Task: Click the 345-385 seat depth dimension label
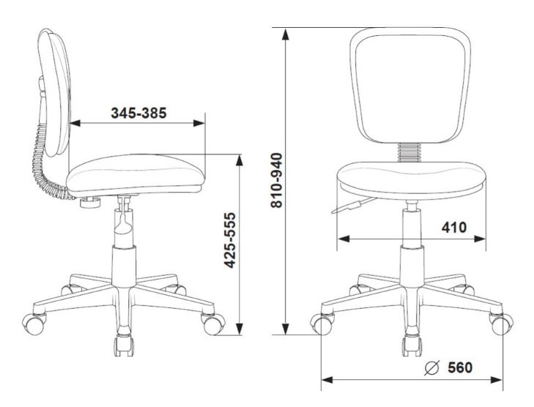[139, 113]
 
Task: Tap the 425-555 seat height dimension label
[230, 240]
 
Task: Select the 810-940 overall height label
[277, 180]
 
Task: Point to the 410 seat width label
[454, 228]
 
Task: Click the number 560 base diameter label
[460, 367]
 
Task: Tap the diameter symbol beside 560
[432, 367]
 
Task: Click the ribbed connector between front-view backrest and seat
[410, 152]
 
